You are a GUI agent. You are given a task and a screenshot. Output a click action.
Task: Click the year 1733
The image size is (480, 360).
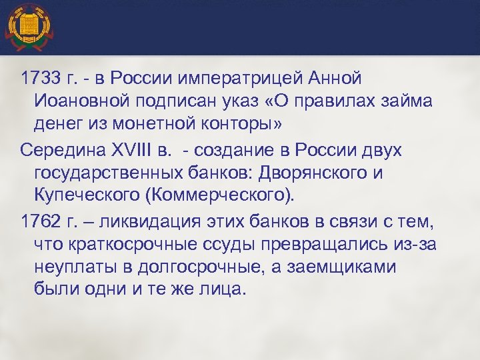(x=41, y=79)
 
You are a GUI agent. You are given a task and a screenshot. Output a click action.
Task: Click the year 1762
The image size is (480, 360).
(x=41, y=221)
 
